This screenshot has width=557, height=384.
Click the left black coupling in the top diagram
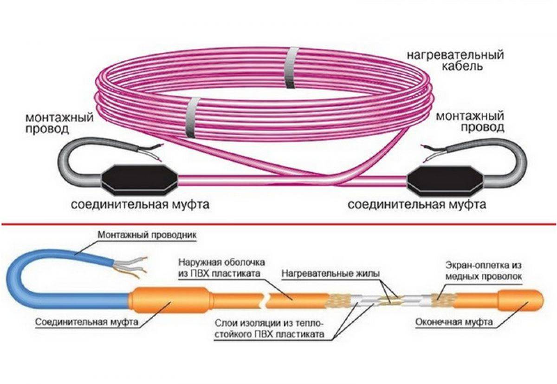138,178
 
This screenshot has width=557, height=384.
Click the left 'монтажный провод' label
59,124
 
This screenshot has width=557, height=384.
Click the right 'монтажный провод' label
470,121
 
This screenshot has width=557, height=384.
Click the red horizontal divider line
278,224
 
